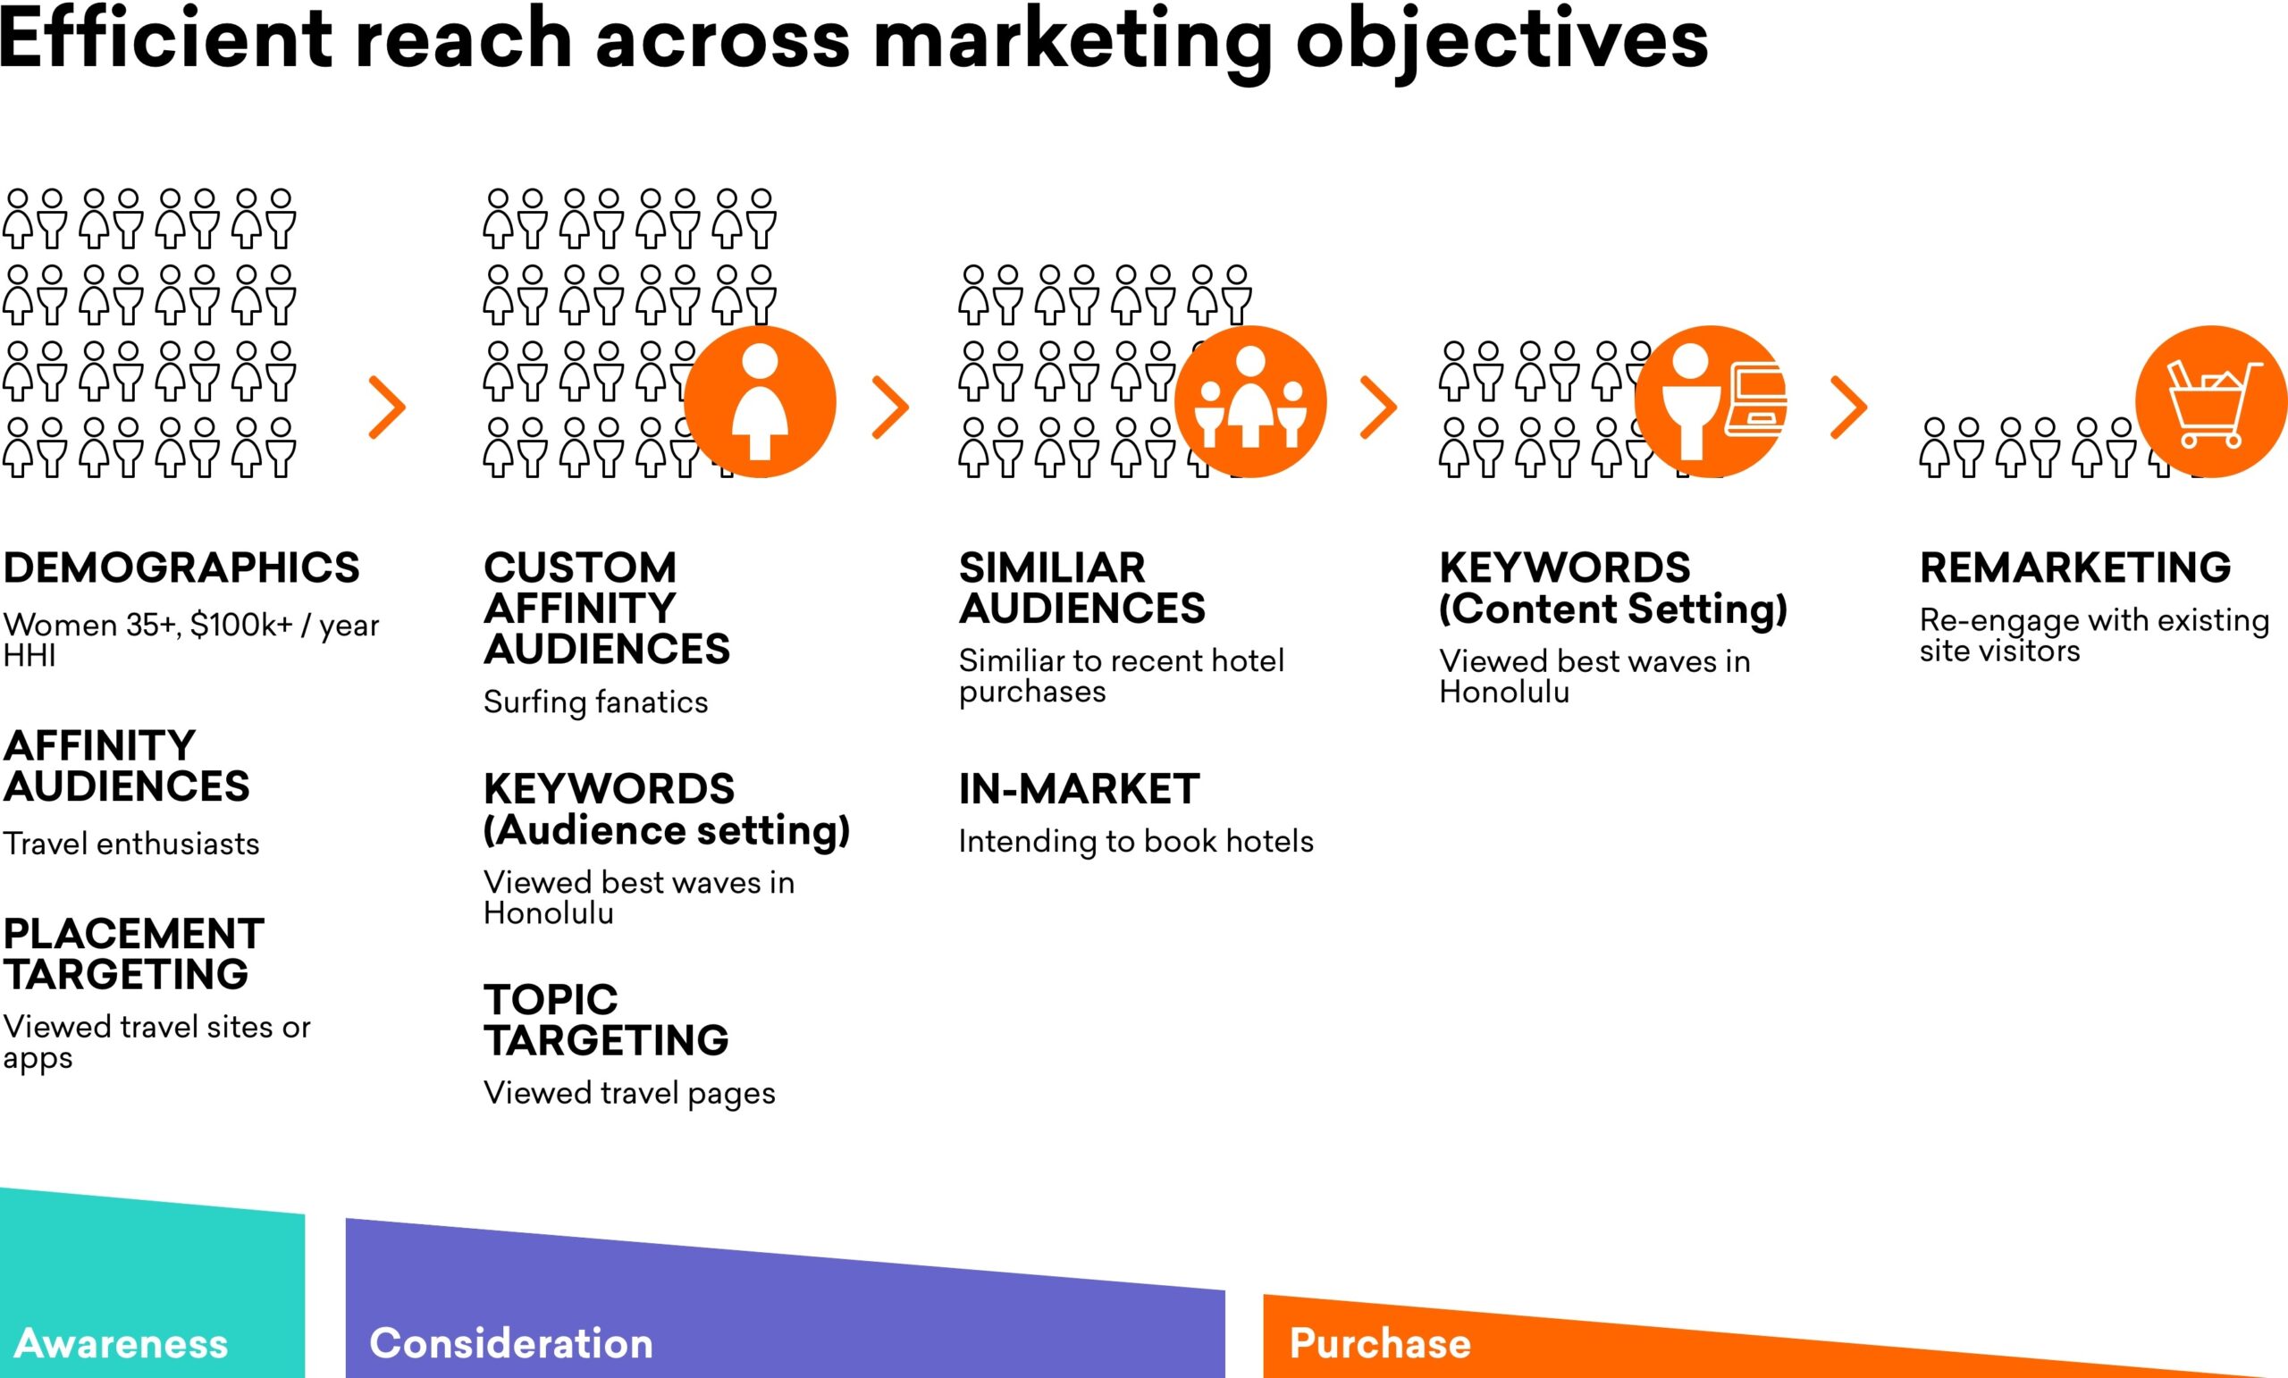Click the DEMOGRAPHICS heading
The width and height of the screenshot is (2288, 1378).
[181, 567]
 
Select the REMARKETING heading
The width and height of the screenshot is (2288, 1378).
[2074, 567]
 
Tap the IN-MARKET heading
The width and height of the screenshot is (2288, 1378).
[1079, 789]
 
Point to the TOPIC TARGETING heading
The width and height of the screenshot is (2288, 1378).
[605, 1020]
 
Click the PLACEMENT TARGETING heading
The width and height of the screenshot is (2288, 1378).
[134, 954]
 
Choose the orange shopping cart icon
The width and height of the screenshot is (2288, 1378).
[2210, 401]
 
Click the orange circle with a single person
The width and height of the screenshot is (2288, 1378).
[760, 401]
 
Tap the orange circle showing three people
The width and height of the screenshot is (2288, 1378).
[1249, 401]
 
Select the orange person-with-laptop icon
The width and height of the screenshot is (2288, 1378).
[1711, 401]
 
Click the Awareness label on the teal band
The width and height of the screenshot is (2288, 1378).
[122, 1344]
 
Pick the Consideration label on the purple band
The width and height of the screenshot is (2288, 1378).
[510, 1344]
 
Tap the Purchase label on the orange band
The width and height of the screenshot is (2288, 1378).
[1380, 1344]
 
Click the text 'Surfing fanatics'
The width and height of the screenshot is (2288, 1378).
[595, 702]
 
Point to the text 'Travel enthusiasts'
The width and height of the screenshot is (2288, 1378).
[130, 844]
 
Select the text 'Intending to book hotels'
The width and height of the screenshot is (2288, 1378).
[1136, 841]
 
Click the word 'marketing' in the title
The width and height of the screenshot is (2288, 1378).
[1072, 42]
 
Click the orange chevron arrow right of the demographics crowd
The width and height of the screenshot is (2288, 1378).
[387, 407]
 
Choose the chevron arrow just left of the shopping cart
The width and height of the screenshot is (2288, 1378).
[1848, 407]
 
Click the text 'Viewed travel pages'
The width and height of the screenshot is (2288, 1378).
[628, 1093]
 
